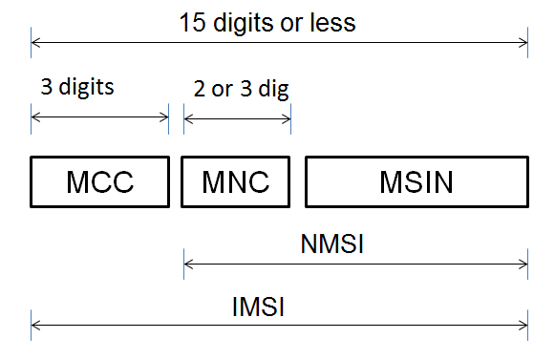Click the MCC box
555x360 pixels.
(x=99, y=181)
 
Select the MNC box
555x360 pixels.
(x=236, y=181)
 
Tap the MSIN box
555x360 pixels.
(x=416, y=181)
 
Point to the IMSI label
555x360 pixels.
(x=260, y=308)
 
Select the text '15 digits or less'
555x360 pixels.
(x=267, y=23)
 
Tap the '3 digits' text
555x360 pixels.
(x=77, y=87)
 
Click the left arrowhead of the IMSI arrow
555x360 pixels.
(x=35, y=326)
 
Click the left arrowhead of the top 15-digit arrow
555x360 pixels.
(x=35, y=41)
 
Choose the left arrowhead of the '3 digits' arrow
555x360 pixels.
(x=35, y=117)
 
